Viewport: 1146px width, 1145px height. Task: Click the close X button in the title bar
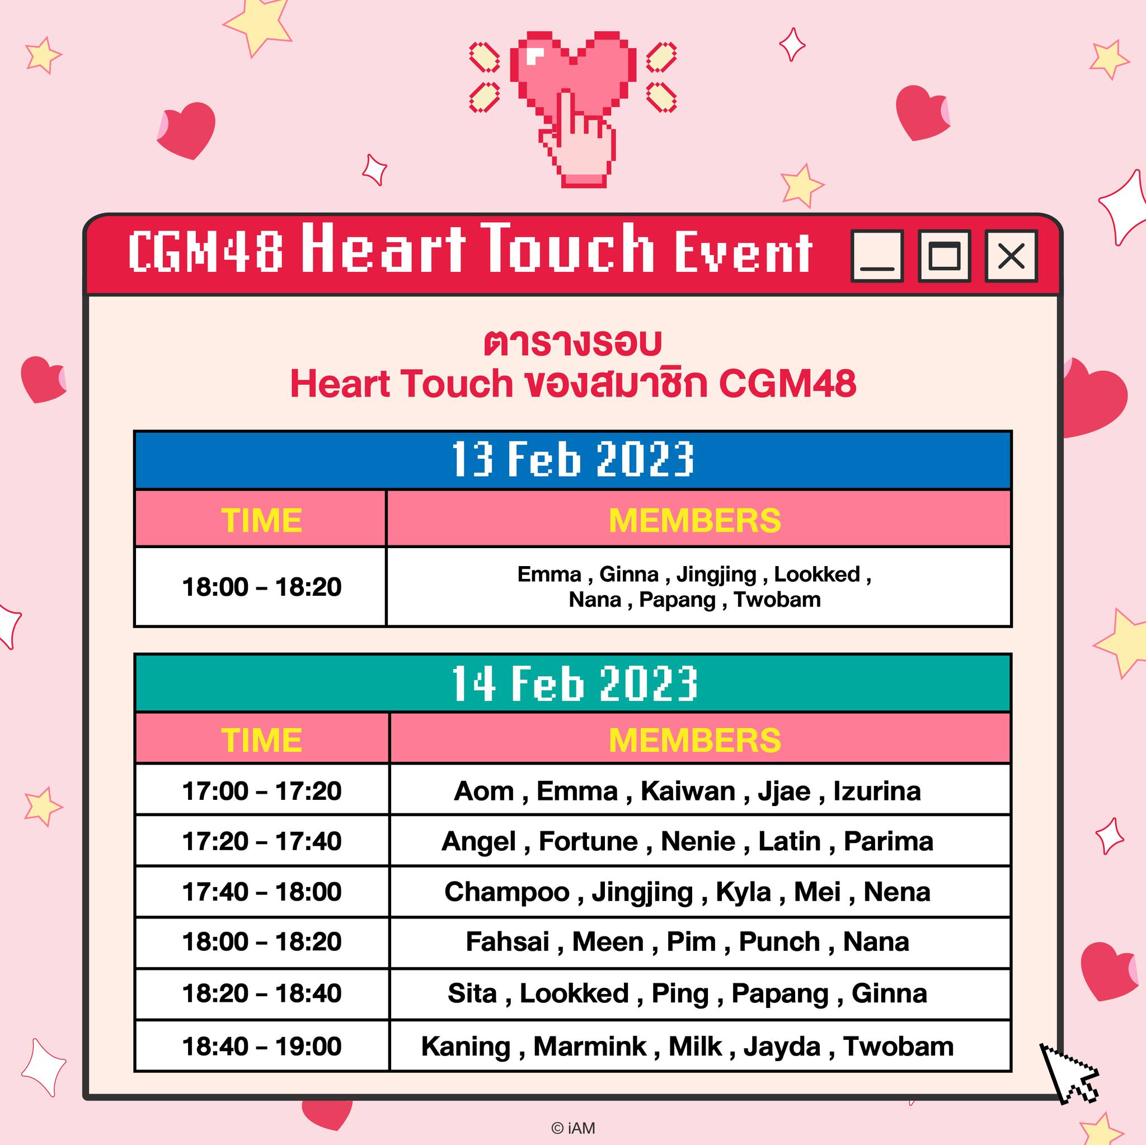[x=1011, y=256]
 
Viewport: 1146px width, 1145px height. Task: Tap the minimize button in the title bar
[x=877, y=256]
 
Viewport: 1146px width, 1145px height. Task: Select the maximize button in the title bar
[x=945, y=256]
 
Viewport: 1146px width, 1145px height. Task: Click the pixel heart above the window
[x=573, y=74]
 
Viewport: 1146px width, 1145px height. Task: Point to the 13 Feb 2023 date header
[x=573, y=460]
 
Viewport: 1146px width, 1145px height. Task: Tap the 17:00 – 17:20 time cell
[x=261, y=791]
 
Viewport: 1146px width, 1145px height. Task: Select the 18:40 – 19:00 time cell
[x=261, y=1046]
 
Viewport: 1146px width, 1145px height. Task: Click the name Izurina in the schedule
[x=877, y=791]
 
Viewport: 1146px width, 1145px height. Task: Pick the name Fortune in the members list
[x=588, y=841]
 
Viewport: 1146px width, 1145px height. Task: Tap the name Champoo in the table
[x=506, y=892]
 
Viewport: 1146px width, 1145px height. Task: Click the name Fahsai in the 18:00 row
[x=507, y=941]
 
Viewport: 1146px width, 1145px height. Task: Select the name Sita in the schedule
[x=472, y=993]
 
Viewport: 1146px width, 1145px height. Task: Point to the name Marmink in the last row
[x=590, y=1047]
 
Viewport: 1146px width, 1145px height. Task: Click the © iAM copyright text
[x=573, y=1128]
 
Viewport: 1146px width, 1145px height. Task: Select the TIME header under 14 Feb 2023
[x=261, y=740]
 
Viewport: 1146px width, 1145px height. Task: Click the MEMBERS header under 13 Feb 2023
[x=694, y=520]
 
